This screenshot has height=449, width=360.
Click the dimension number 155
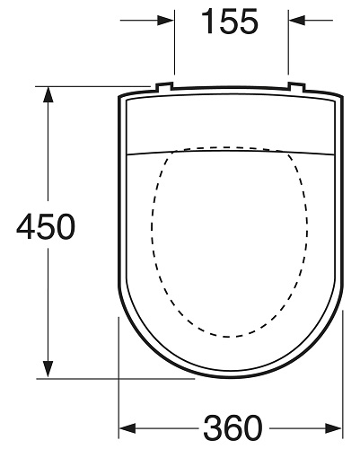228,22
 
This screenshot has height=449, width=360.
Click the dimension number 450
45,228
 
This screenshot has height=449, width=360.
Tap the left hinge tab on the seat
163,87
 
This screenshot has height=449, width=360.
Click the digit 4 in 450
25,228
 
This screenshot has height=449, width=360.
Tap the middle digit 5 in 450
45,228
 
